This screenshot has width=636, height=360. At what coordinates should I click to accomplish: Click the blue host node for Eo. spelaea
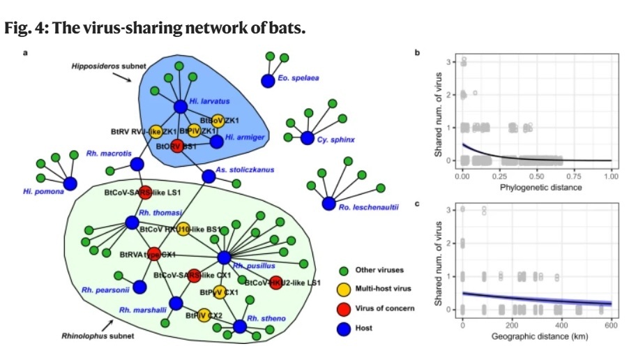click(267, 82)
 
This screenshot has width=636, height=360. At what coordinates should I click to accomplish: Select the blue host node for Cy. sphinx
click(307, 138)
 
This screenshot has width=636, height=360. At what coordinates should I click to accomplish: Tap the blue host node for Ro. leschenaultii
click(328, 204)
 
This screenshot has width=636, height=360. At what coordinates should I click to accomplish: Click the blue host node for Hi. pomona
click(70, 183)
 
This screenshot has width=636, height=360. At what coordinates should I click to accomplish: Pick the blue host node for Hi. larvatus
click(180, 107)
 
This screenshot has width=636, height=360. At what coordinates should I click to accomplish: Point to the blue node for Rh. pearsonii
click(139, 287)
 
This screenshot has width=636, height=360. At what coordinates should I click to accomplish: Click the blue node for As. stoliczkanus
click(208, 177)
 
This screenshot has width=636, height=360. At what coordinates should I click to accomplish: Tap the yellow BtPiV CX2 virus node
click(204, 315)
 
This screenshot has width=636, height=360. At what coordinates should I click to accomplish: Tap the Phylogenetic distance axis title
click(535, 188)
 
